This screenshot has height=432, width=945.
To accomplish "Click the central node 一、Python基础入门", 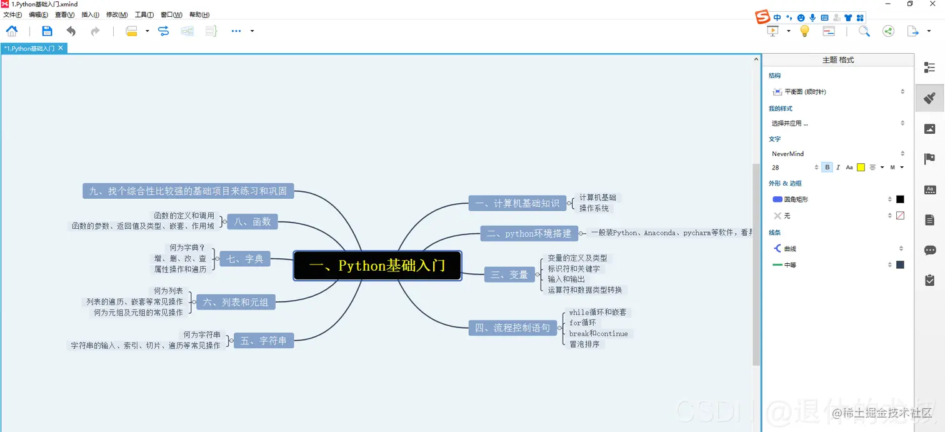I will pyautogui.click(x=377, y=266).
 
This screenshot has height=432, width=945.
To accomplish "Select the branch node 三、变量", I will pyautogui.click(x=509, y=274).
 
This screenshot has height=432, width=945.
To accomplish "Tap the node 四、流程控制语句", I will pyautogui.click(x=512, y=328).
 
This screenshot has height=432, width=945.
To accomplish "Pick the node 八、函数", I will pyautogui.click(x=252, y=221).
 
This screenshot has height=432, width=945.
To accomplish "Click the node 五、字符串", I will pyautogui.click(x=263, y=341).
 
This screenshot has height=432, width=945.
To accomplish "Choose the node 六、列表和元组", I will pyautogui.click(x=236, y=303).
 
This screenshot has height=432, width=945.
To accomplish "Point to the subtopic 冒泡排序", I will pyautogui.click(x=584, y=344).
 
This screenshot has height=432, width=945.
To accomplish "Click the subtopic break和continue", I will pyautogui.click(x=598, y=334).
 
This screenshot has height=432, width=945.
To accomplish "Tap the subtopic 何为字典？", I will pyautogui.click(x=187, y=248).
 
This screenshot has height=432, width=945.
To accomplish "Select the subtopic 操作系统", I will pyautogui.click(x=594, y=208).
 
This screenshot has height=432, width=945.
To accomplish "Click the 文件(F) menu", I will pyautogui.click(x=12, y=14).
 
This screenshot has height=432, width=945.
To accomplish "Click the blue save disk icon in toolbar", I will pyautogui.click(x=47, y=31).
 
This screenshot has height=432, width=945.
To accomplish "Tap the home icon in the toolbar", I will pyautogui.click(x=12, y=31).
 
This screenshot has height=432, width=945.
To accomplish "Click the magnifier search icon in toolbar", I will pyautogui.click(x=864, y=31).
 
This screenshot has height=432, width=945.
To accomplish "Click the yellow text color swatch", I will pyautogui.click(x=861, y=168).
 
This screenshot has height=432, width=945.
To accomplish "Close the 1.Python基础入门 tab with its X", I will pyautogui.click(x=61, y=48).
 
